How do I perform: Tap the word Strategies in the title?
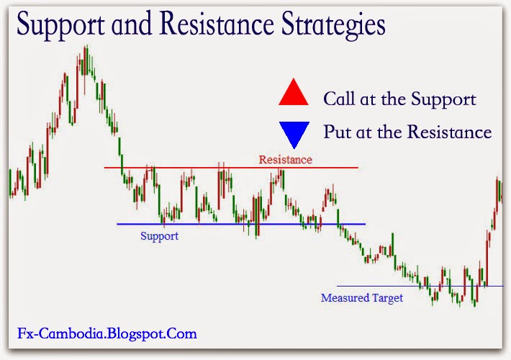pyautogui.click(x=335, y=27)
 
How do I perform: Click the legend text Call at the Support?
pyautogui.click(x=399, y=99)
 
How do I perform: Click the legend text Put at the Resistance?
pyautogui.click(x=407, y=132)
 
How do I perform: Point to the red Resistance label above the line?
pyautogui.click(x=286, y=159)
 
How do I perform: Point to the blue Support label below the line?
pyautogui.click(x=159, y=235)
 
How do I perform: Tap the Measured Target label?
pyautogui.click(x=362, y=297)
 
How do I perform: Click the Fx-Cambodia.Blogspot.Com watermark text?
pyautogui.click(x=107, y=334)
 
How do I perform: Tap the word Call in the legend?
pyautogui.click(x=338, y=99)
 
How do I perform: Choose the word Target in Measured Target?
pyautogui.click(x=387, y=297)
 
